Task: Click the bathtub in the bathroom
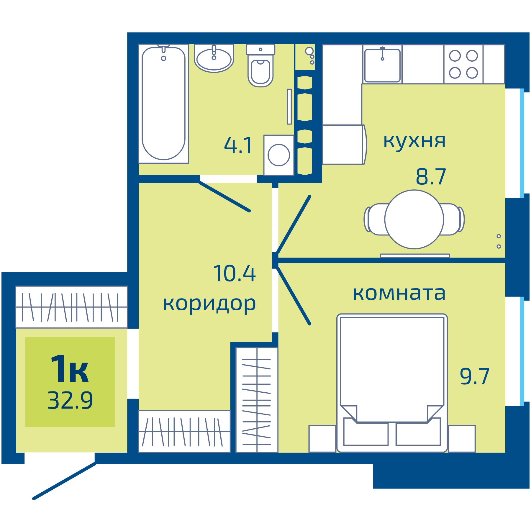point(163,103)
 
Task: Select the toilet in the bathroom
point(260,69)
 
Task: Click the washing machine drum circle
point(279,155)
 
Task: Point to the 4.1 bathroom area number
point(238,146)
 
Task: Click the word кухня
point(414,141)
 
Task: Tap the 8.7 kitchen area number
point(431,177)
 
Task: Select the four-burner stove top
point(463,64)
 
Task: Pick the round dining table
point(414,219)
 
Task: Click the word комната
point(399,293)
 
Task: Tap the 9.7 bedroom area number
point(474,377)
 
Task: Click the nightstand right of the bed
point(462,438)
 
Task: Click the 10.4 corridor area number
point(234,274)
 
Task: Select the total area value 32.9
point(70,400)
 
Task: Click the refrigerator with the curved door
point(344,145)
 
